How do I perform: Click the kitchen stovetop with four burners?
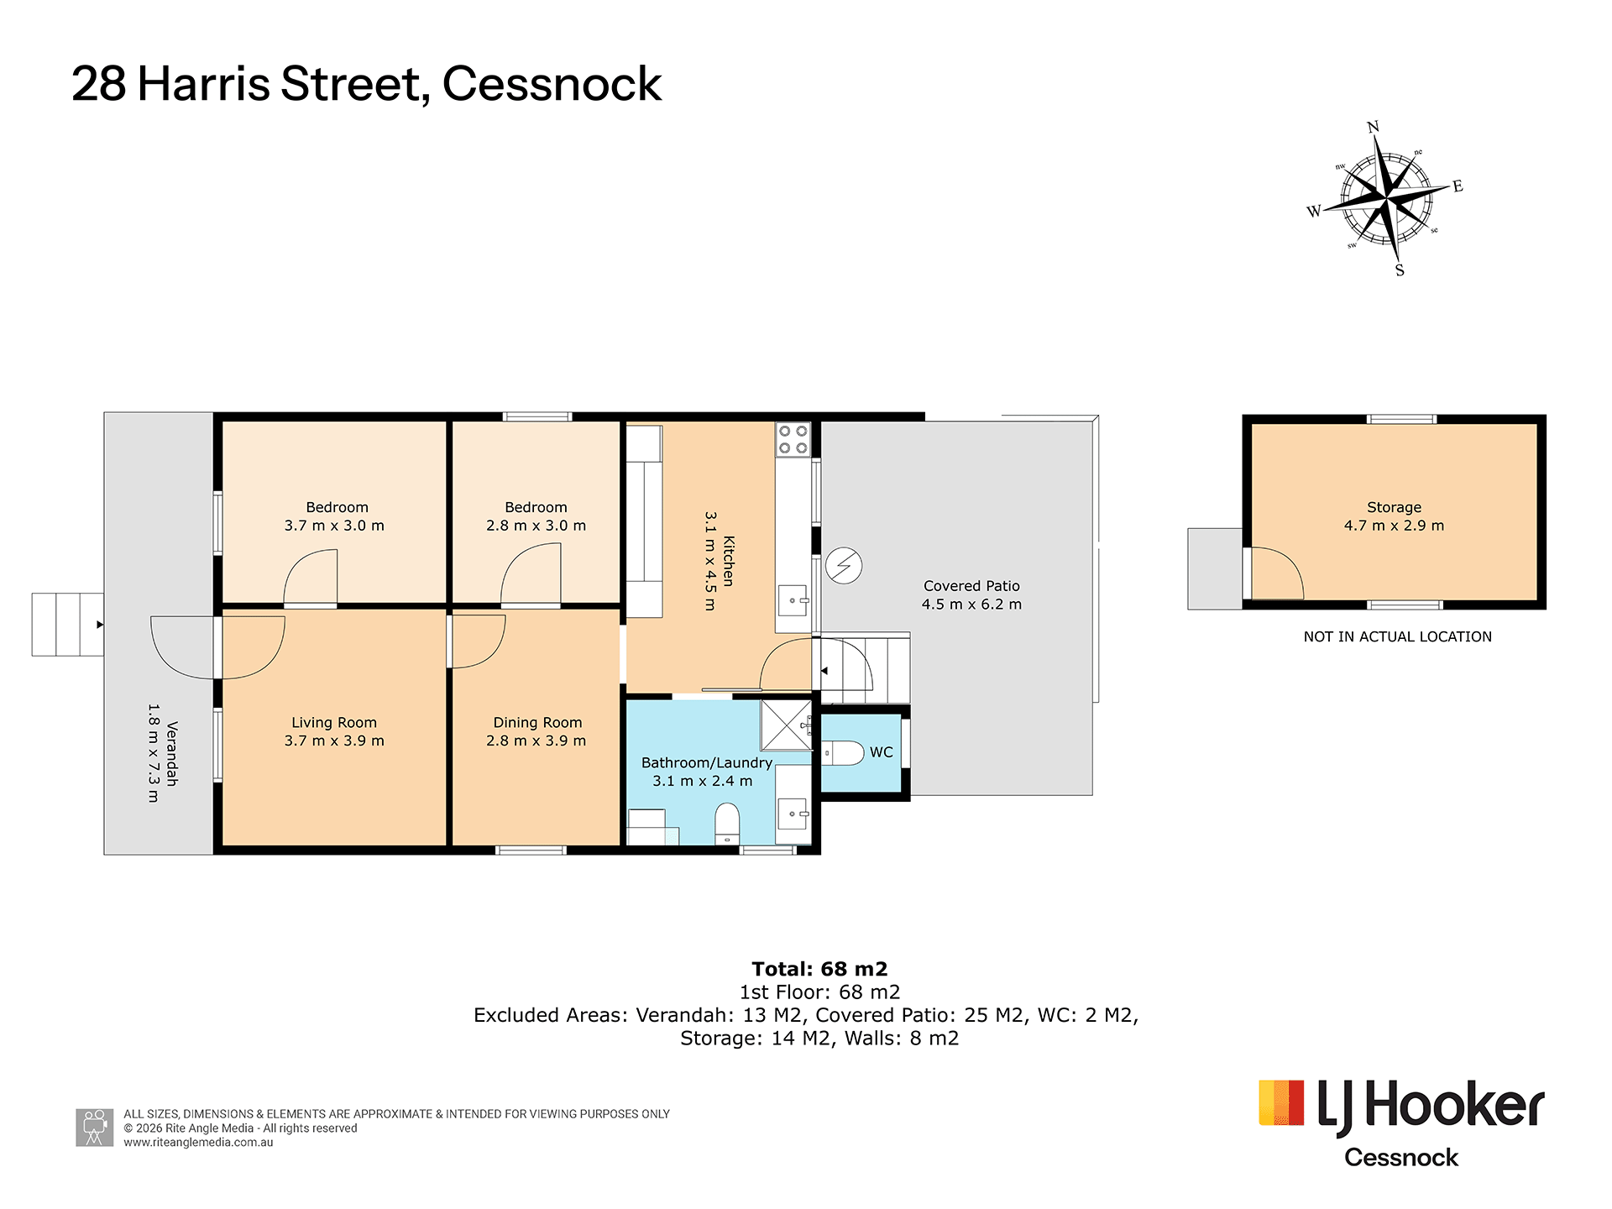point(793,439)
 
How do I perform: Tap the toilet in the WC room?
point(842,753)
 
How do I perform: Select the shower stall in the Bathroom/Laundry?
point(787,725)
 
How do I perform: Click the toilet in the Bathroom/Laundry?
point(727,824)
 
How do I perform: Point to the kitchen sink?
point(793,601)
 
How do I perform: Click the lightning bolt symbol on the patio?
point(844,566)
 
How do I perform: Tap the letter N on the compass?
point(1374,128)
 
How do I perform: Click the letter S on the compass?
point(1400,270)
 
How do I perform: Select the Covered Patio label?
point(971,586)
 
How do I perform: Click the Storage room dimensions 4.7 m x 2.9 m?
point(1394,526)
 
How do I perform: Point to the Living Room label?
point(334,722)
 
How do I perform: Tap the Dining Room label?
point(537,722)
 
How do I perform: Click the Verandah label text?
point(172,753)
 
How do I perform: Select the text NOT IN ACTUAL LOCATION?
point(1398,636)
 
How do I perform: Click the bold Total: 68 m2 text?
point(819,969)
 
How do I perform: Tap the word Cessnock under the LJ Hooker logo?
point(1401,1158)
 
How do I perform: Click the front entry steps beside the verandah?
point(68,625)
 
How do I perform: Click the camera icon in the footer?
point(95,1128)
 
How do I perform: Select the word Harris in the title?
point(204,84)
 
